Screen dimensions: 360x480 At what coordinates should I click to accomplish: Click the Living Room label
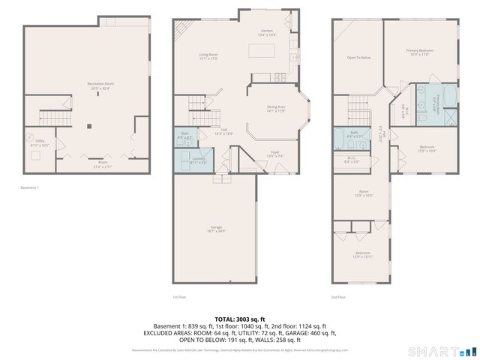tap(208, 56)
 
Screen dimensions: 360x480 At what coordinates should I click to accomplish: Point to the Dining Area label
tap(277, 109)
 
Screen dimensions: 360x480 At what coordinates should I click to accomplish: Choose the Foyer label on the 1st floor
tap(274, 154)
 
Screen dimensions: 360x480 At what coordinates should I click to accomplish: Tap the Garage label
tap(215, 230)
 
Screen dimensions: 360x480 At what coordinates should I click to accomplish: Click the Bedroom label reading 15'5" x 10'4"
tap(427, 148)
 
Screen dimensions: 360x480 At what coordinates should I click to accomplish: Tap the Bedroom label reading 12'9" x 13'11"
tap(362, 255)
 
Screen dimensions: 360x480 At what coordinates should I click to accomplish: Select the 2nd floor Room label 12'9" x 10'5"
tap(363, 193)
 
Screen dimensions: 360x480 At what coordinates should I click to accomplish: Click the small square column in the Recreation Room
tap(88, 126)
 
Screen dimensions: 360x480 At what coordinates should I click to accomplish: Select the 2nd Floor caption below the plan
tap(338, 297)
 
